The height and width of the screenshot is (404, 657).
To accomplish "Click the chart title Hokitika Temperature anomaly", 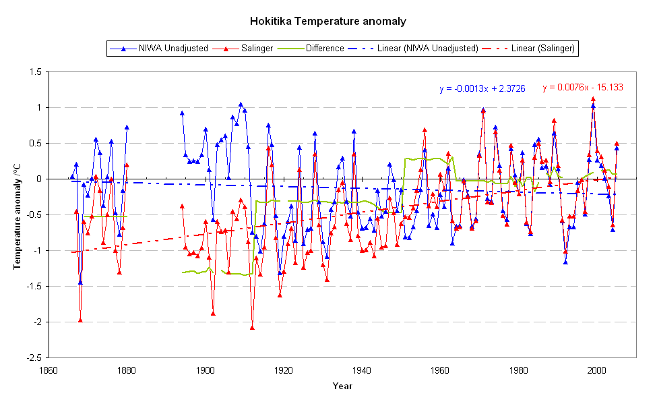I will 328,21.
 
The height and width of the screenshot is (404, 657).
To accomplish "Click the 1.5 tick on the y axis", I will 35,71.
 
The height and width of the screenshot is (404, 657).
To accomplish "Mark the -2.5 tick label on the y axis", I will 33,358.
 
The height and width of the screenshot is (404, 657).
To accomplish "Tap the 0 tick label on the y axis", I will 38,179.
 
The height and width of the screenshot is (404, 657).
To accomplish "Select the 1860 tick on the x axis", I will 48,370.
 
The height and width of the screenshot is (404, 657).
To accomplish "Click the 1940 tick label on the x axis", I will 362,370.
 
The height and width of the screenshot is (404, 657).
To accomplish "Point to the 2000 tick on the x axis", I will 597,370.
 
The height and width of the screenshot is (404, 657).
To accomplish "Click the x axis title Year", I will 342,386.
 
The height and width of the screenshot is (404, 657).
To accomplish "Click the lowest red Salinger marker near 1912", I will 252,327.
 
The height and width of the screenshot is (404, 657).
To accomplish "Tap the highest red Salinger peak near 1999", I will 593,99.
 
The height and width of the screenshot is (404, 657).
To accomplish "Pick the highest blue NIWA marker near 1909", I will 241,105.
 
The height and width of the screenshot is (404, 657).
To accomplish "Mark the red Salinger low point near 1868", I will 80,320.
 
